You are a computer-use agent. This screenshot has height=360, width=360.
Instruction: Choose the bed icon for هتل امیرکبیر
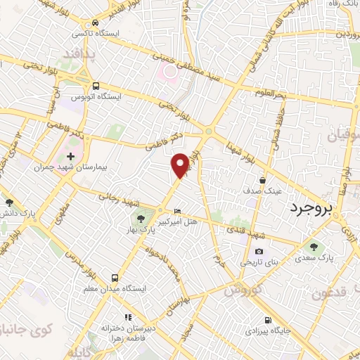[x=177, y=210]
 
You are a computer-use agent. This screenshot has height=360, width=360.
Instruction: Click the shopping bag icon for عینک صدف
[x=263, y=179]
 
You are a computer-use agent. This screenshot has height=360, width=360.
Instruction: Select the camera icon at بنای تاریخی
[x=259, y=251]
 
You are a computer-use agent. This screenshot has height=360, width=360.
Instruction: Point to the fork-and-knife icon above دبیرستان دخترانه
[x=127, y=316]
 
